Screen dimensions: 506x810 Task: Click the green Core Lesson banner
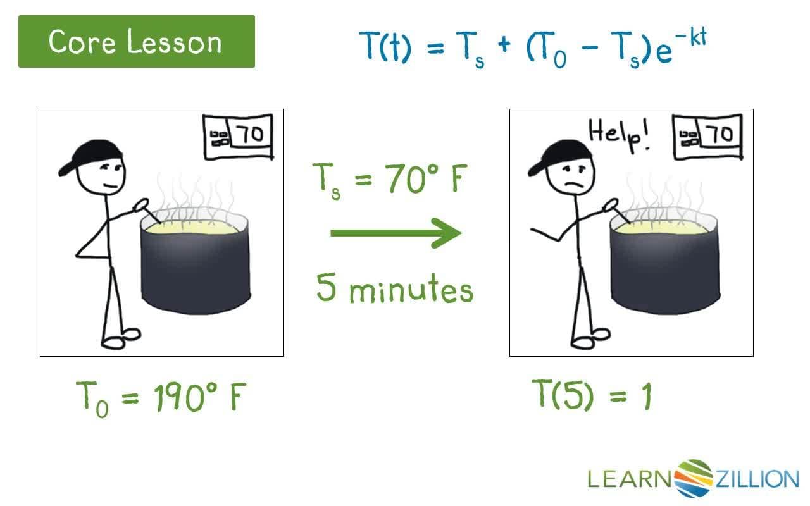pyautogui.click(x=136, y=42)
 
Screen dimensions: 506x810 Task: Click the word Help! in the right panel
pyautogui.click(x=620, y=134)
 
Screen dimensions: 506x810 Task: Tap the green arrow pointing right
pyautogui.click(x=396, y=233)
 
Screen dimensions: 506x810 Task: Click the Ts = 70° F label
pyautogui.click(x=390, y=179)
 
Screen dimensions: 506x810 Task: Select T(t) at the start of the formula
pyautogui.click(x=387, y=46)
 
